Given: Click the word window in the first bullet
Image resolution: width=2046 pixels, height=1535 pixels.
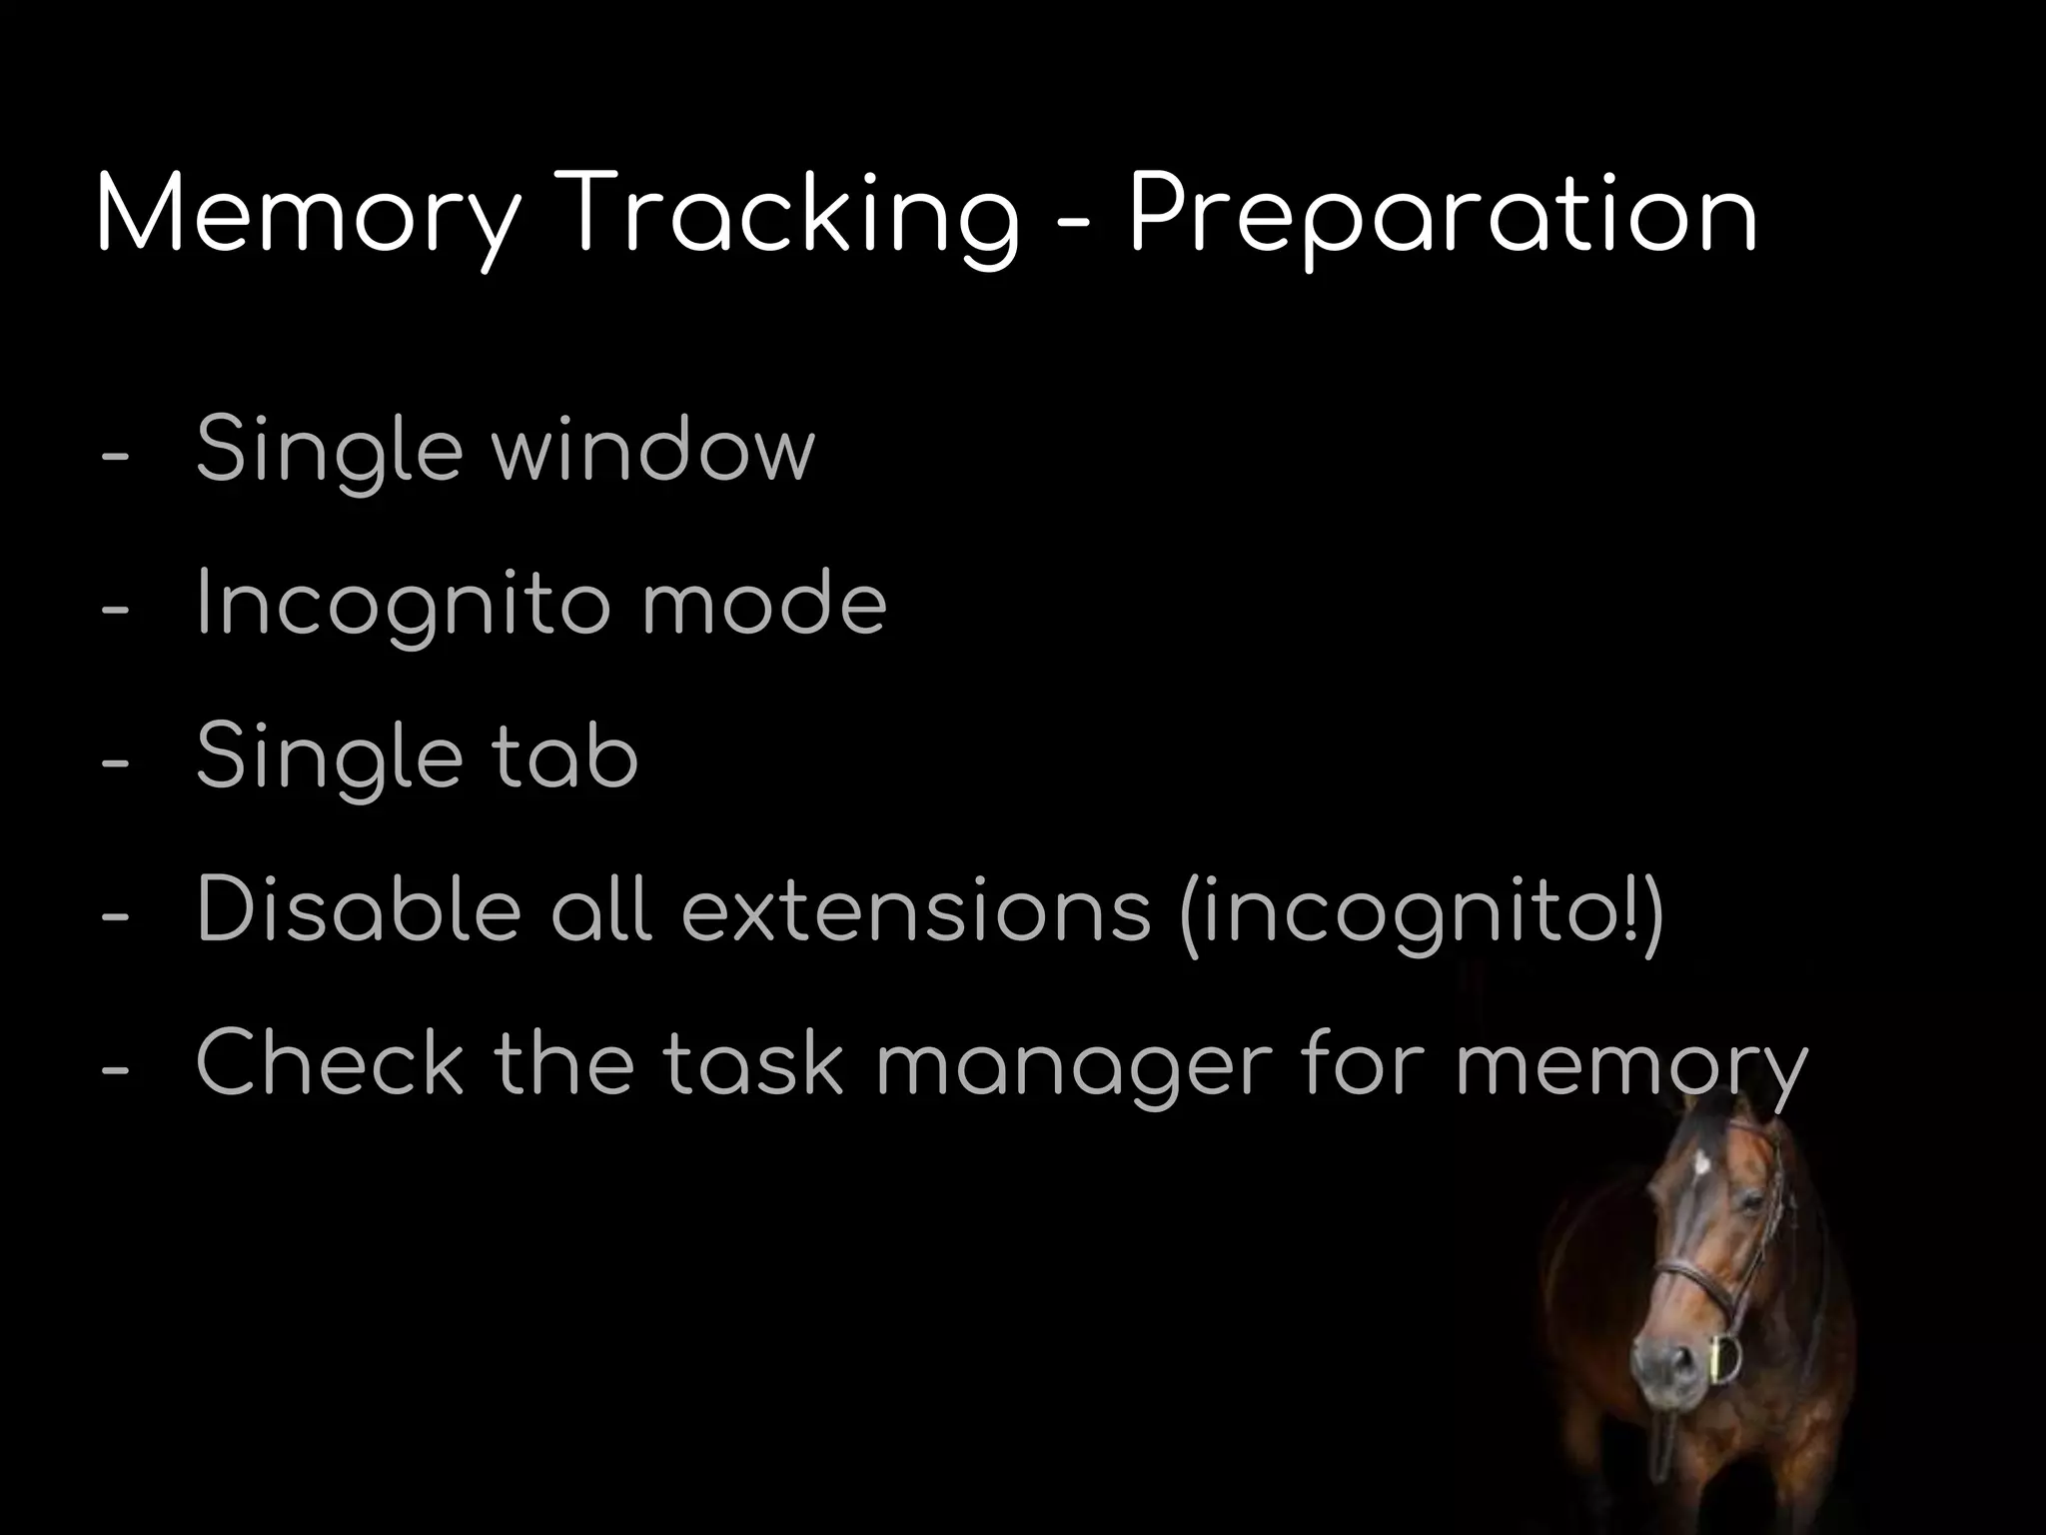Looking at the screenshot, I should pyautogui.click(x=653, y=449).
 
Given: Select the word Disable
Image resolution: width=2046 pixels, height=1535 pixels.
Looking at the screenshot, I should pyautogui.click(x=359, y=910).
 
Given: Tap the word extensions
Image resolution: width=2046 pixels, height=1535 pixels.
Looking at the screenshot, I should pyautogui.click(x=916, y=910).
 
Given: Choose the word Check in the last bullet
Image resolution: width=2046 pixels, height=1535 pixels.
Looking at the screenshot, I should pyautogui.click(x=331, y=1064).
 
